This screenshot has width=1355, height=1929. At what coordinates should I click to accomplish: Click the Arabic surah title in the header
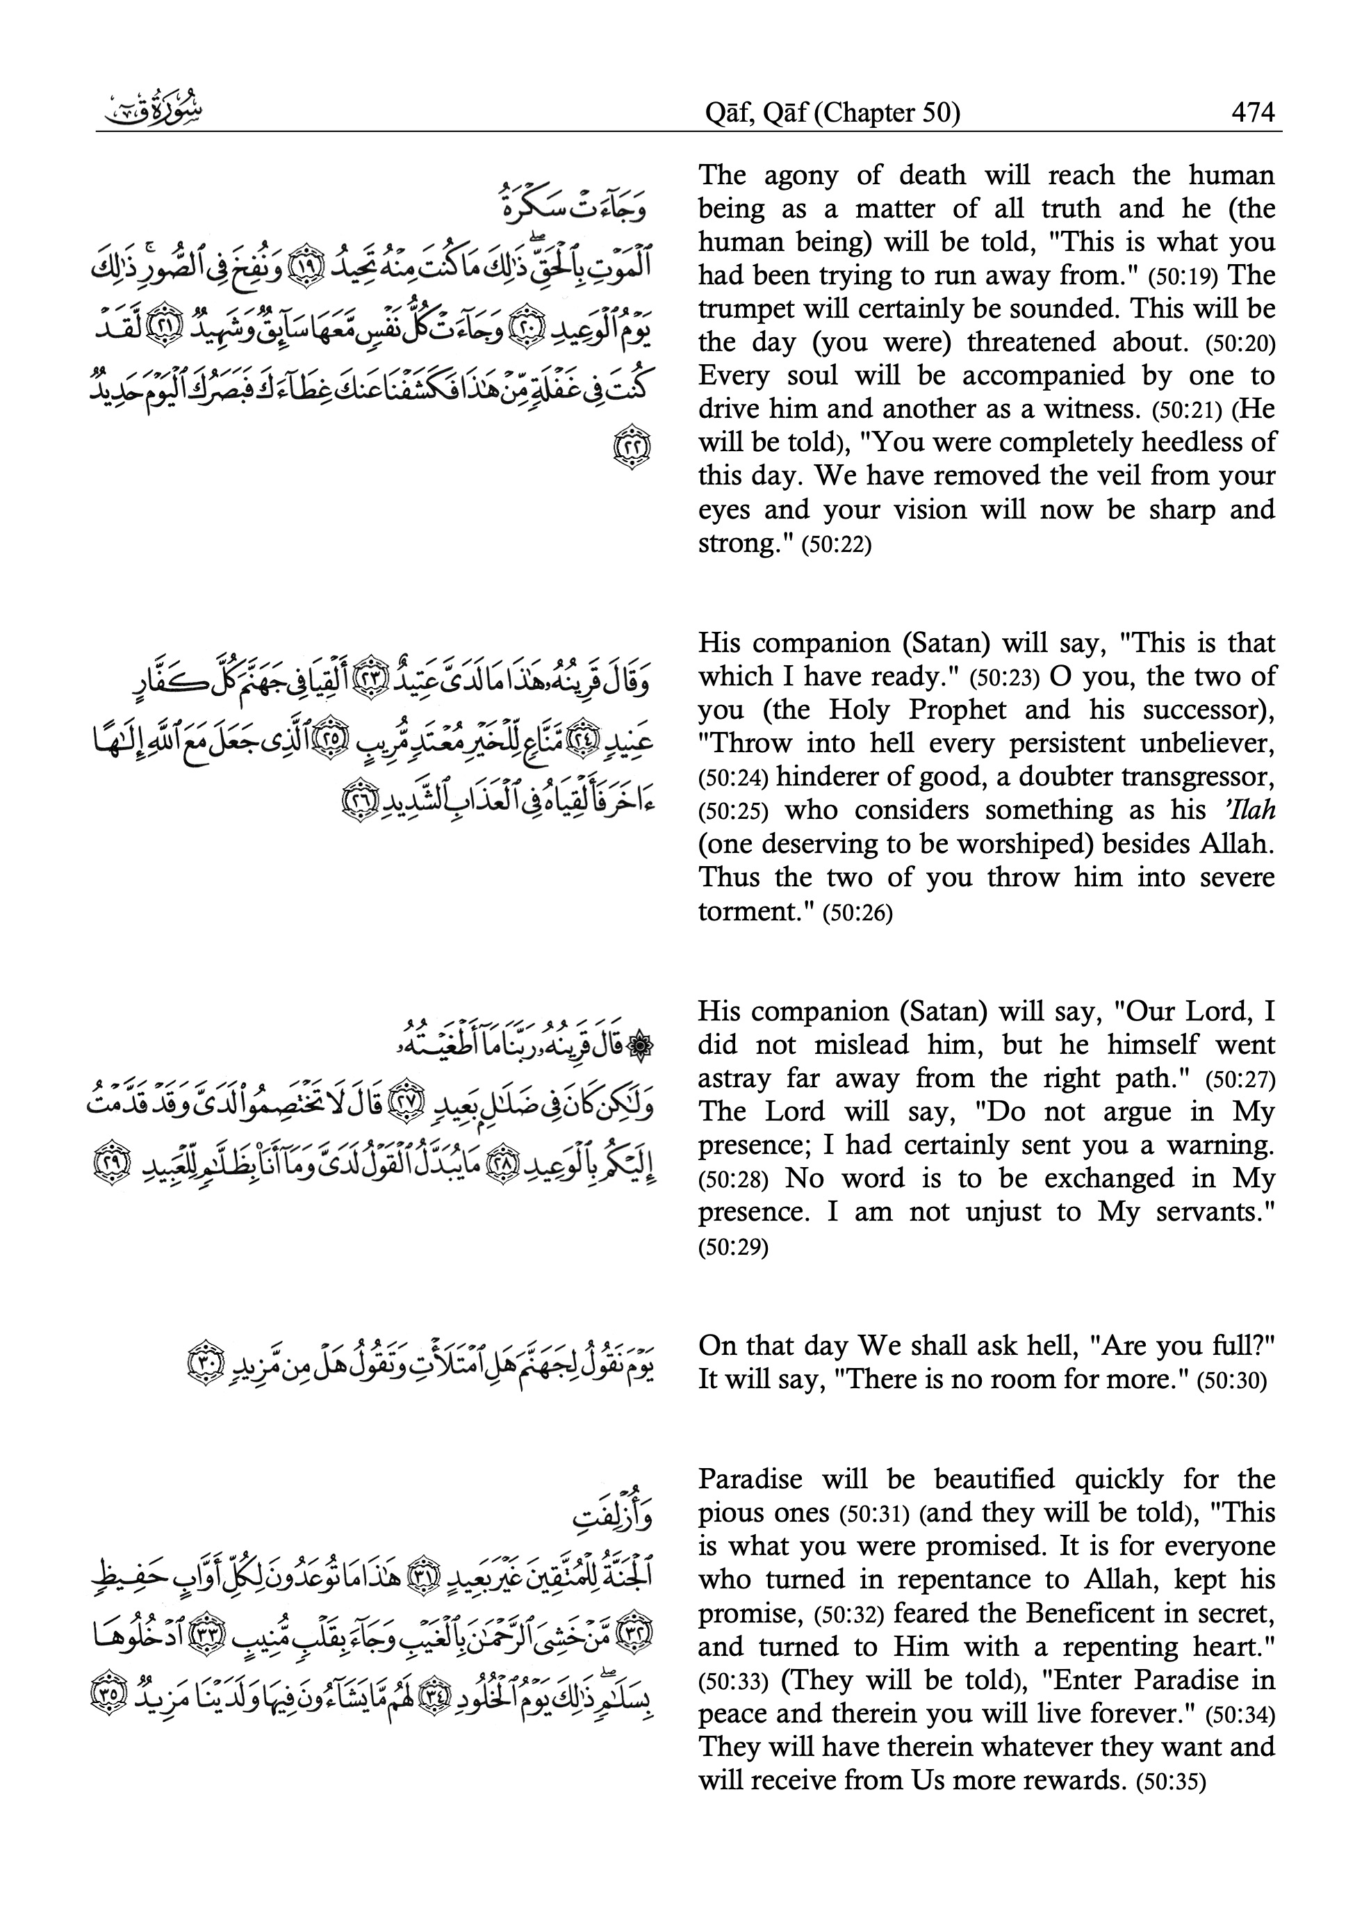coord(151,109)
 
